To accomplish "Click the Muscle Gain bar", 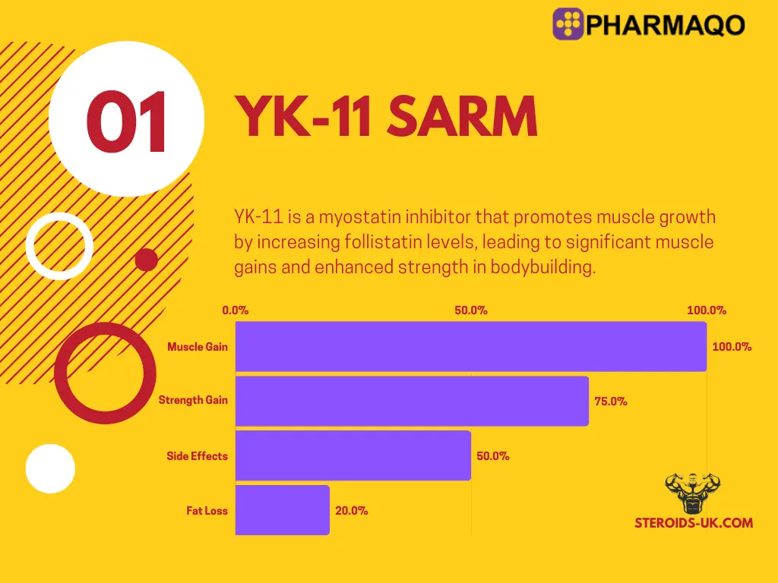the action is pyautogui.click(x=471, y=346).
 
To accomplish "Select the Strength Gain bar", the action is pyautogui.click(x=412, y=401).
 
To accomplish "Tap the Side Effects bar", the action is pyautogui.click(x=353, y=455).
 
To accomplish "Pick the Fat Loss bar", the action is pyautogui.click(x=283, y=510).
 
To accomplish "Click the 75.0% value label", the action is pyautogui.click(x=611, y=402).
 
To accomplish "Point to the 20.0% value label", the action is pyautogui.click(x=351, y=511).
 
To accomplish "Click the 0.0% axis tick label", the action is pyautogui.click(x=236, y=310).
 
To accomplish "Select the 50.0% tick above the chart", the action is pyautogui.click(x=471, y=310).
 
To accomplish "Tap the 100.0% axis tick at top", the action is pyautogui.click(x=707, y=310).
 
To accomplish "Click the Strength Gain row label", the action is pyautogui.click(x=193, y=400).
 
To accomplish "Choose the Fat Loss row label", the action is pyautogui.click(x=207, y=511).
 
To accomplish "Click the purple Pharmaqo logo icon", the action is pyautogui.click(x=568, y=24).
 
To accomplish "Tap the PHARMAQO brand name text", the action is pyautogui.click(x=666, y=25).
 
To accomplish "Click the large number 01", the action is pyautogui.click(x=126, y=121).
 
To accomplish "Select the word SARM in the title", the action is pyautogui.click(x=463, y=116).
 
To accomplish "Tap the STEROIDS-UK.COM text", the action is pyautogui.click(x=694, y=522).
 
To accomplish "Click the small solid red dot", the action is pyautogui.click(x=147, y=260).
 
